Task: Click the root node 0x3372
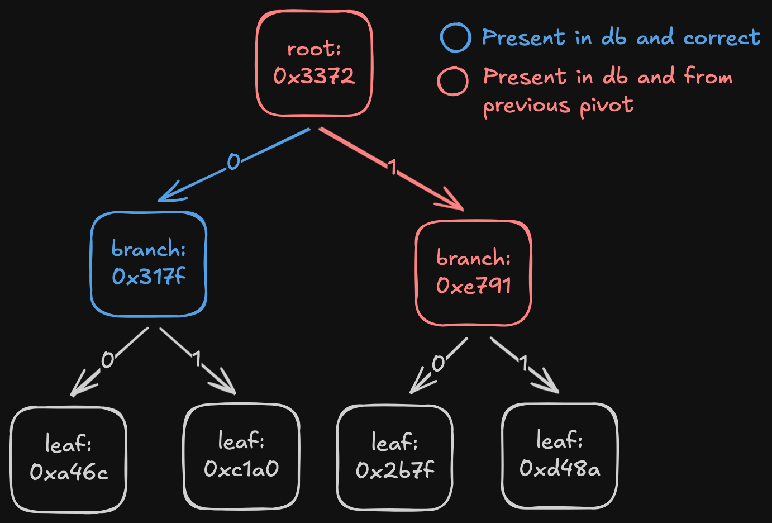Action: click(x=314, y=64)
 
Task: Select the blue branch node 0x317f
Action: click(x=149, y=264)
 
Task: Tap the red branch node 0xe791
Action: click(x=473, y=273)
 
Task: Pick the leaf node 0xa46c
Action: click(x=69, y=459)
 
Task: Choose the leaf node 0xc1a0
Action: click(x=241, y=456)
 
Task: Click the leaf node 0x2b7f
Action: click(x=394, y=458)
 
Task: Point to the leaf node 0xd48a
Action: click(x=560, y=455)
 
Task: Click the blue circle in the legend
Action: click(x=455, y=38)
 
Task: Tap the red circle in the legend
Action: click(x=452, y=82)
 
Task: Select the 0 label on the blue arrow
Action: click(x=233, y=162)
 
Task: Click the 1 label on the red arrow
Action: click(x=393, y=167)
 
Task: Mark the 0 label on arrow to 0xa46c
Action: click(x=107, y=360)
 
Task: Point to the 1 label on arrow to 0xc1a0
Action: click(x=196, y=359)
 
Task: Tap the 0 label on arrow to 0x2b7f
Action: click(x=439, y=363)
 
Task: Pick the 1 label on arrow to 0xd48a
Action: click(x=523, y=363)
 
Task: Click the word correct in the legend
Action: click(x=721, y=38)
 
